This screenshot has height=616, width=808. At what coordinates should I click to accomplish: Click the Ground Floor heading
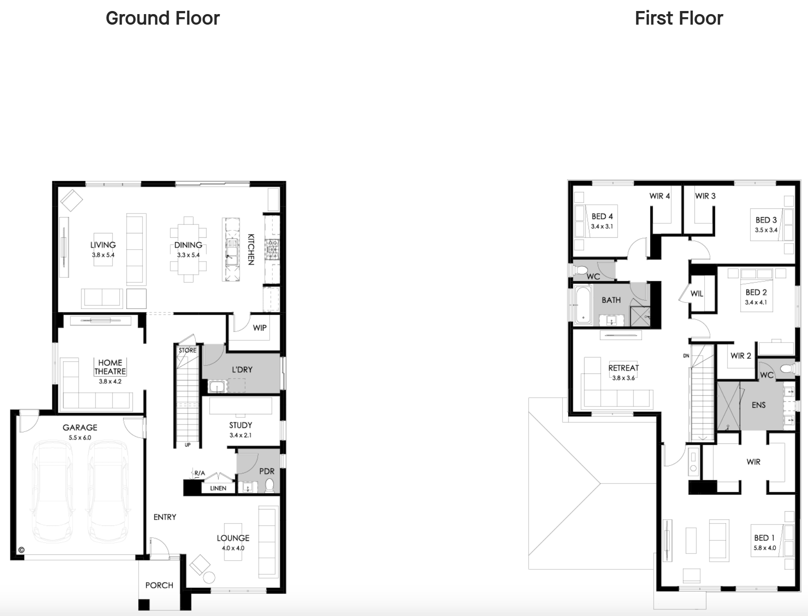[x=162, y=18]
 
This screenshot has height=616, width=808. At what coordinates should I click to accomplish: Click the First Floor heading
[x=679, y=18]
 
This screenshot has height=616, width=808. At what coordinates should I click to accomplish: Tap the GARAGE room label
[x=80, y=427]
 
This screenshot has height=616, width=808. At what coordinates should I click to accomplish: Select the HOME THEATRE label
[x=110, y=367]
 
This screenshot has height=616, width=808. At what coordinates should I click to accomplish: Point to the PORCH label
[x=159, y=585]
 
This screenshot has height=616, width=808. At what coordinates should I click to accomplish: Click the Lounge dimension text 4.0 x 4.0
[x=233, y=548]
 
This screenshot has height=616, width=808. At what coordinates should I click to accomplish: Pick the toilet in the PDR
[x=270, y=485]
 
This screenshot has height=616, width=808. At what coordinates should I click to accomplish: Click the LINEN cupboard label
[x=218, y=488]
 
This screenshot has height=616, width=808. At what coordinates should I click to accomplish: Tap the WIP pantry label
[x=260, y=328]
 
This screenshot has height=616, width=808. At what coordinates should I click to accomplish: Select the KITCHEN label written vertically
[x=251, y=249]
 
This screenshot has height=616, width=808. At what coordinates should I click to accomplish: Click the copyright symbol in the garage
[x=21, y=550]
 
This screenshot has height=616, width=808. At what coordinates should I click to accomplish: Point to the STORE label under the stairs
[x=187, y=350]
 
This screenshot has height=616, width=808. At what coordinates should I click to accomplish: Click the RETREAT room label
[x=623, y=368]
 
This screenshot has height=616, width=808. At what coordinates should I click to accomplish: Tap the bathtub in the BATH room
[x=583, y=305]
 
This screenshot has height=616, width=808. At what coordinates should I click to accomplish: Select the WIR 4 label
[x=660, y=196]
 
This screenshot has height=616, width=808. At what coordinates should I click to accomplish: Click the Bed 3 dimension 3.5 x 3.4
[x=766, y=230]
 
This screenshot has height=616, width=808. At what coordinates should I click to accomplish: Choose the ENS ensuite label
[x=759, y=405]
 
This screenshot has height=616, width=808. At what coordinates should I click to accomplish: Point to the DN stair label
[x=686, y=356]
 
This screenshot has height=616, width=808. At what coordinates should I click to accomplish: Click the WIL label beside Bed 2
[x=697, y=294]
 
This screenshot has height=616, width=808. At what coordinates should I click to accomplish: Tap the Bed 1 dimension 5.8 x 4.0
[x=765, y=548]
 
